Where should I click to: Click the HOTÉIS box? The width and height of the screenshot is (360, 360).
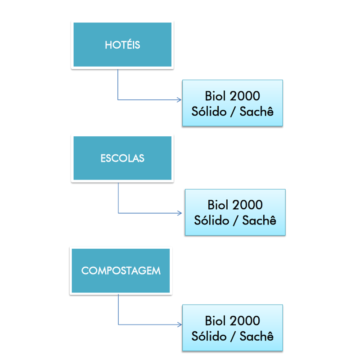tap(122, 45)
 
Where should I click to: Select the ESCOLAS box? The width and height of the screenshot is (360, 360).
tap(122, 158)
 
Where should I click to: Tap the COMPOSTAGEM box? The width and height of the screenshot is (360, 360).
tap(121, 271)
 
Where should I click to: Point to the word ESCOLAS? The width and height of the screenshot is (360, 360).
tap(122, 158)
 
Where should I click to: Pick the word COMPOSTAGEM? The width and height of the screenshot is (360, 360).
tap(121, 271)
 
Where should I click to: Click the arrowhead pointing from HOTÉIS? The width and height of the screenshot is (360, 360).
tap(179, 99)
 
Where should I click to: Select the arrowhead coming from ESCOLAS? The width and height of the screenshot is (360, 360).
tap(179, 213)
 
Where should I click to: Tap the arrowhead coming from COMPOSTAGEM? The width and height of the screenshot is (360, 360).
tap(179, 324)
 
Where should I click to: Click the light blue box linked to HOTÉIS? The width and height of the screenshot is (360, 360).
tap(233, 103)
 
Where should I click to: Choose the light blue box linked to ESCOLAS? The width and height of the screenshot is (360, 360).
tap(235, 212)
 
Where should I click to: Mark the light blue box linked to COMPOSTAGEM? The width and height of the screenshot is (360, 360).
tap(233, 328)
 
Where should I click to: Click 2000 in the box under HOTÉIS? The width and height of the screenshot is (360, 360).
tap(245, 96)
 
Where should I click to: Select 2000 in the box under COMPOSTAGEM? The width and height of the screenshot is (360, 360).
tap(245, 321)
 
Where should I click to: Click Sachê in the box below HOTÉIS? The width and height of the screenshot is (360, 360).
tap(256, 111)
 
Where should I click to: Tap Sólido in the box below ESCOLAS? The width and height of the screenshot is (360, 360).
tap(211, 220)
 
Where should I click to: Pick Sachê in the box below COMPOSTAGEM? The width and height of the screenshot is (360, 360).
tap(256, 336)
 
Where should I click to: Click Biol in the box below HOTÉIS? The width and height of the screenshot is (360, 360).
tap(215, 96)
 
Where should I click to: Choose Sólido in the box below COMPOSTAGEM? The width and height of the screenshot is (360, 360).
tap(209, 336)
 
